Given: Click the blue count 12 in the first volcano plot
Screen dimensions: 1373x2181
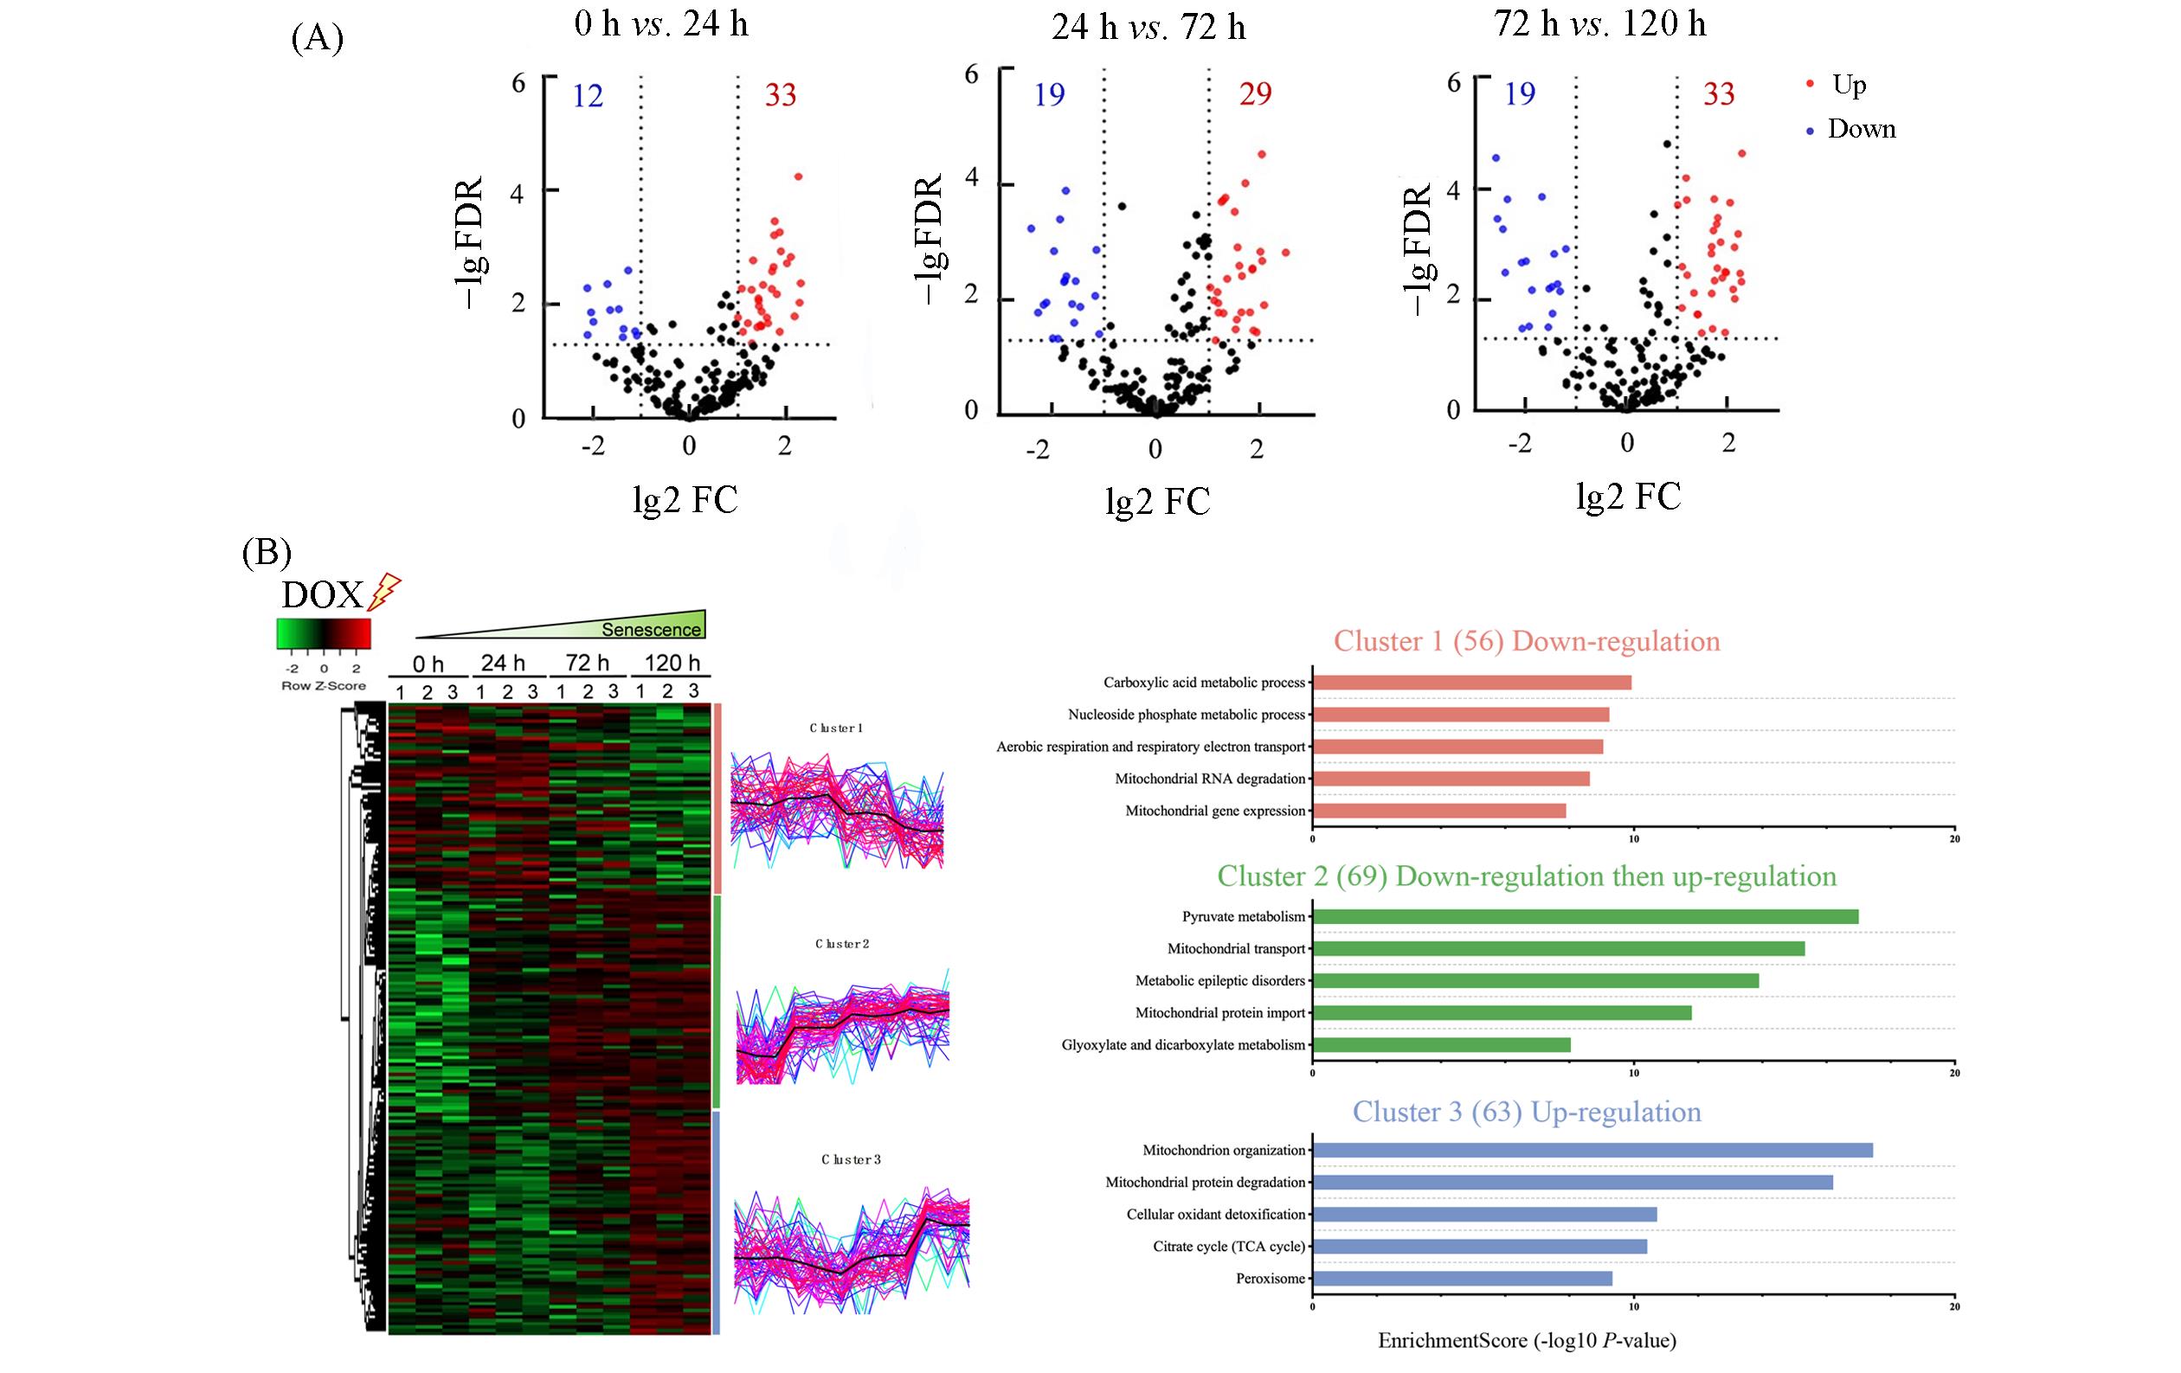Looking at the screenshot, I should (x=588, y=95).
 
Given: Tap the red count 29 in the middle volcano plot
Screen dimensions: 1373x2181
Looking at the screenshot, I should (x=1255, y=93).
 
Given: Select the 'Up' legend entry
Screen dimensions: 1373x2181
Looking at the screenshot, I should (x=1849, y=84).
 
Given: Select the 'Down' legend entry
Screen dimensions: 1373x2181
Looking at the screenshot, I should (x=1862, y=129).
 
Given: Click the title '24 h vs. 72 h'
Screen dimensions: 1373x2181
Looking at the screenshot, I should (x=1148, y=28).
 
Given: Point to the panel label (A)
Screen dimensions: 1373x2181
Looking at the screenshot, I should (x=317, y=39).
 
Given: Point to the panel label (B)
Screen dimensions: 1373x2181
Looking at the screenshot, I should (x=267, y=552).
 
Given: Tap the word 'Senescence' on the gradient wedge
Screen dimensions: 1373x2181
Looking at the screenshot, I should (x=651, y=629).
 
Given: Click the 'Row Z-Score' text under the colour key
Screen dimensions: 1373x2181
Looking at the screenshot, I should (x=324, y=685).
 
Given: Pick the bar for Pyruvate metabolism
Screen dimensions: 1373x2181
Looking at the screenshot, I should (x=1585, y=916).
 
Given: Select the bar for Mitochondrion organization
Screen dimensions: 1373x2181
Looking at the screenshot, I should (x=1592, y=1150).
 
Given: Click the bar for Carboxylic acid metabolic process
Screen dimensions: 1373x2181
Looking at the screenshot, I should (x=1472, y=682).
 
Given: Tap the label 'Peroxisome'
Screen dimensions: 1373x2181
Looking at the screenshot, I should (x=1271, y=1279).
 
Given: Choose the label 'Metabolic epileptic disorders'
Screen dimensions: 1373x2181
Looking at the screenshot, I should (x=1220, y=981).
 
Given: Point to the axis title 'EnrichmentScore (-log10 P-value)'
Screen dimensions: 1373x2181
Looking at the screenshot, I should (x=1527, y=1340).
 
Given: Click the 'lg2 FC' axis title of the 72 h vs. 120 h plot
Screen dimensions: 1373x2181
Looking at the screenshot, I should (x=1629, y=497).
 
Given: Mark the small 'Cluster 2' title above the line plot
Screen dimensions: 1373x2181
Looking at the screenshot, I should (x=842, y=944).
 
